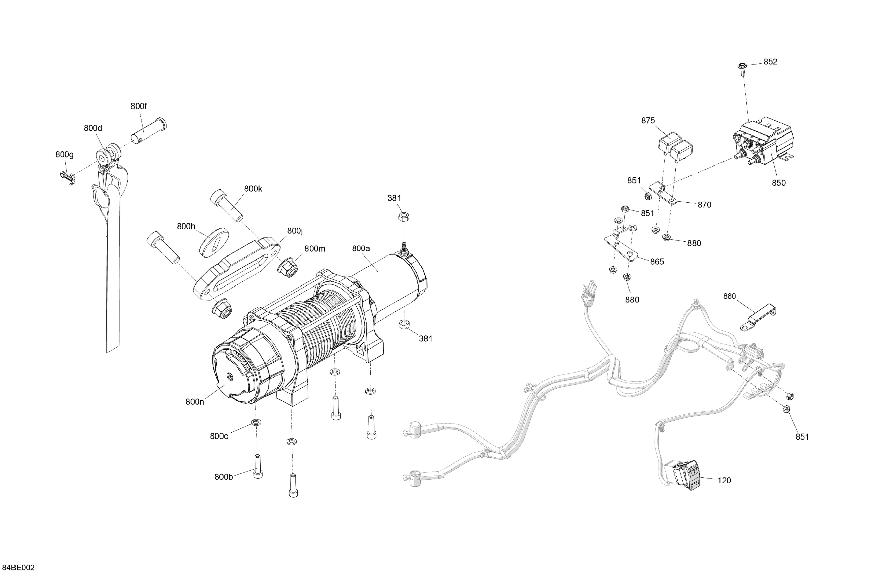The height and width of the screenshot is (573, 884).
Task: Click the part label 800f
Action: tap(139, 106)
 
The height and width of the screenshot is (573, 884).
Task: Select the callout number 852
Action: tap(770, 62)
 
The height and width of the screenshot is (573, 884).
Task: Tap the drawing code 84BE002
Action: tap(18, 567)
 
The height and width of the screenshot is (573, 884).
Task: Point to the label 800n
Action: tap(195, 401)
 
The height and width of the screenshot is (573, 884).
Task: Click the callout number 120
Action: tap(724, 480)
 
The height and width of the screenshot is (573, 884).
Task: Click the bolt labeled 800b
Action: tap(257, 467)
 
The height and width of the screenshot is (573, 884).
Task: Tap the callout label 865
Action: tap(657, 262)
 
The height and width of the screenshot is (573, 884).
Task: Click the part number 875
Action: tap(648, 120)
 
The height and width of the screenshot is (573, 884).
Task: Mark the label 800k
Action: tap(253, 189)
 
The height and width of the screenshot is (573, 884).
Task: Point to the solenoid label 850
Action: tap(778, 183)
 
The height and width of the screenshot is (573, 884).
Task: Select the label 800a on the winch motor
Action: tap(361, 248)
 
